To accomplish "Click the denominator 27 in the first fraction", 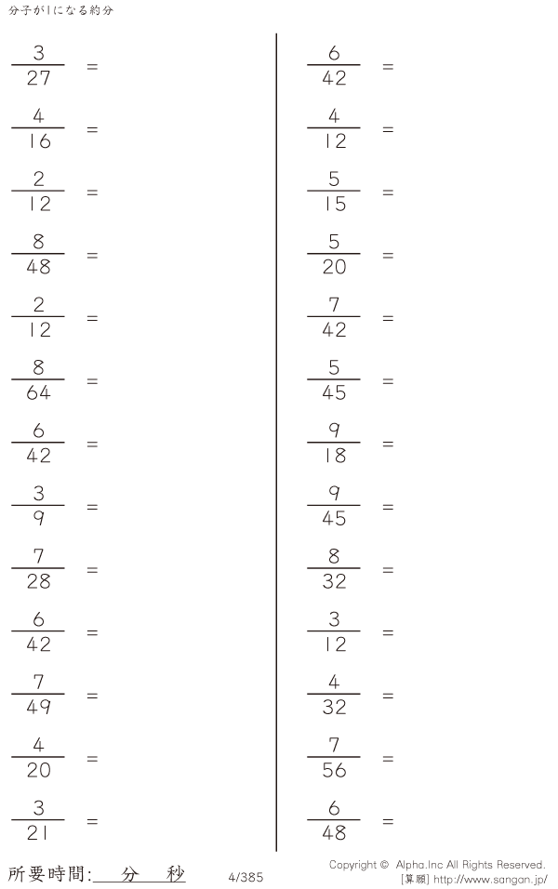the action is click(x=38, y=78).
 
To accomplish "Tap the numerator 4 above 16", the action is click(x=38, y=116).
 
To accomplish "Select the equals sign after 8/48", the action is click(x=92, y=256).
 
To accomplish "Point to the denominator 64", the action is click(x=38, y=392).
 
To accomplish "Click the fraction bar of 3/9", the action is click(x=38, y=505).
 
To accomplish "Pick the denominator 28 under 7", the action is click(x=38, y=581).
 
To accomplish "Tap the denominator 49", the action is click(x=38, y=707).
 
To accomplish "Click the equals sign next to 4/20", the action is click(x=92, y=759).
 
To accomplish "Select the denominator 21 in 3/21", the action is click(x=38, y=833).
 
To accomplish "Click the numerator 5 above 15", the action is click(x=334, y=179).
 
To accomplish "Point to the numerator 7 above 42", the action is click(x=334, y=305).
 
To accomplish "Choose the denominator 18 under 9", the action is click(x=335, y=456).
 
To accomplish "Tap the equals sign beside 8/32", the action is click(x=388, y=570).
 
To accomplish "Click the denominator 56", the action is click(x=334, y=770).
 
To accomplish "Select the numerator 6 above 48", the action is click(x=334, y=807).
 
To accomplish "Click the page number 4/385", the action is click(x=246, y=877).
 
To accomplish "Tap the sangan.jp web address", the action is click(x=490, y=880).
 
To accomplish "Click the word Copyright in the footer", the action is click(x=352, y=865).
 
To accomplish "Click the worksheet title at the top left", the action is click(x=61, y=10).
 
